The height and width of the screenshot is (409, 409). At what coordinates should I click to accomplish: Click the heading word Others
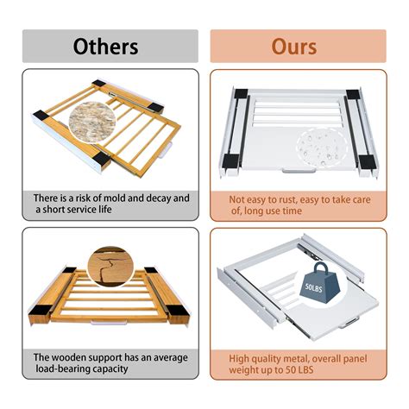click(x=105, y=47)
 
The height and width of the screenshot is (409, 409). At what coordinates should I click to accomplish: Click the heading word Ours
click(x=294, y=47)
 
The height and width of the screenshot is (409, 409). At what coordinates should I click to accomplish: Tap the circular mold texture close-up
click(x=92, y=123)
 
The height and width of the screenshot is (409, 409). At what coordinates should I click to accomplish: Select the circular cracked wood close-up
click(x=110, y=267)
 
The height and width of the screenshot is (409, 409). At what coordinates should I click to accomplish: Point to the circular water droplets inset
click(x=322, y=148)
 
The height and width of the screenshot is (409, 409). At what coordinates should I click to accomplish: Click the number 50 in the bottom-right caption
click(x=291, y=370)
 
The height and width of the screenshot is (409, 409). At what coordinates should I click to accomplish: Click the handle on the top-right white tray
click(x=299, y=172)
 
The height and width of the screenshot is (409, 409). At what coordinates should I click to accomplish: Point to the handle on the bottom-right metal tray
click(x=349, y=323)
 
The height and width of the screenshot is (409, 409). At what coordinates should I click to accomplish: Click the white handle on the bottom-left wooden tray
click(x=109, y=323)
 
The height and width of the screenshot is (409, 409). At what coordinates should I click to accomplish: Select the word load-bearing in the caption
click(x=63, y=369)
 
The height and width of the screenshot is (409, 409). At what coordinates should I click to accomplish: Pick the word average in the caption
click(x=171, y=358)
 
